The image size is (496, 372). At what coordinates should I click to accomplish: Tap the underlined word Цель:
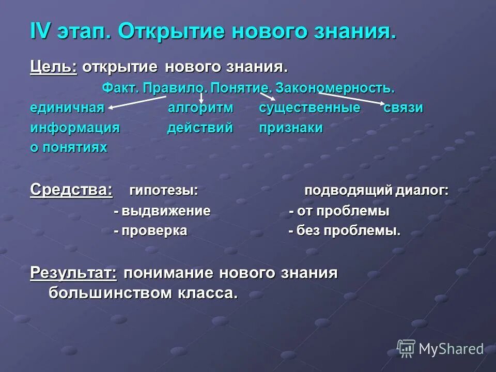53,67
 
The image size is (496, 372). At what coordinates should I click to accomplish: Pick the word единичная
67,108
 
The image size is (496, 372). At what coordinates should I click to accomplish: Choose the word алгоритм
201,108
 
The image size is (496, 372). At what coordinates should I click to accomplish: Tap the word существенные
309,108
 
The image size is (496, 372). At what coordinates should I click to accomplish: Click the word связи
404,108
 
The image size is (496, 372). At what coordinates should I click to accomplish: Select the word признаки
291,128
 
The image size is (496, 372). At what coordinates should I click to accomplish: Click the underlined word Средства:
71,190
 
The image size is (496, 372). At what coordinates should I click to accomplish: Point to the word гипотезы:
164,190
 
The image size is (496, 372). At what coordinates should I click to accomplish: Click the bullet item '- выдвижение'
162,211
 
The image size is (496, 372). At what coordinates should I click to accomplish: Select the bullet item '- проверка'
150,231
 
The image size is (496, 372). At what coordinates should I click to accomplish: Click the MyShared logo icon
406,349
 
